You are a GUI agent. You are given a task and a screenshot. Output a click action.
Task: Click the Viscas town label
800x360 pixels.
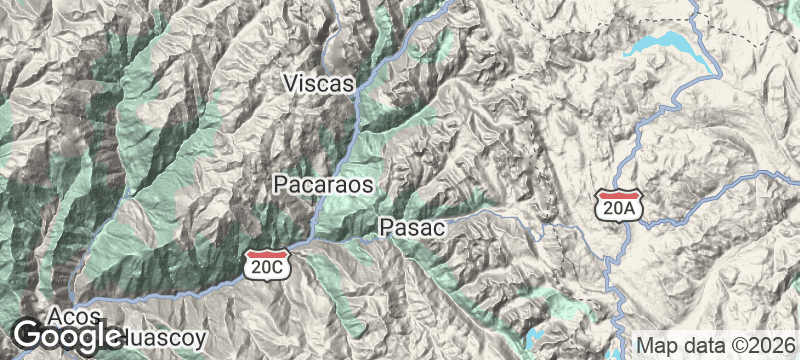(319, 83)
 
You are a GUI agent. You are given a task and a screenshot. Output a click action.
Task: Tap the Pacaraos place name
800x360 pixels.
(323, 185)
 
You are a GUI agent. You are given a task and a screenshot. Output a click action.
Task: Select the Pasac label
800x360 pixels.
(411, 228)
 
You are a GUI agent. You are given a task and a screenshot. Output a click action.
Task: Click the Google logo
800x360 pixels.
(67, 336)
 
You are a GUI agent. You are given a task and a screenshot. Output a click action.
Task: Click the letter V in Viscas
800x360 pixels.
(291, 83)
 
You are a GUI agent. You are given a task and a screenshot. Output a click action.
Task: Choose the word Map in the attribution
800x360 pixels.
(657, 345)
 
